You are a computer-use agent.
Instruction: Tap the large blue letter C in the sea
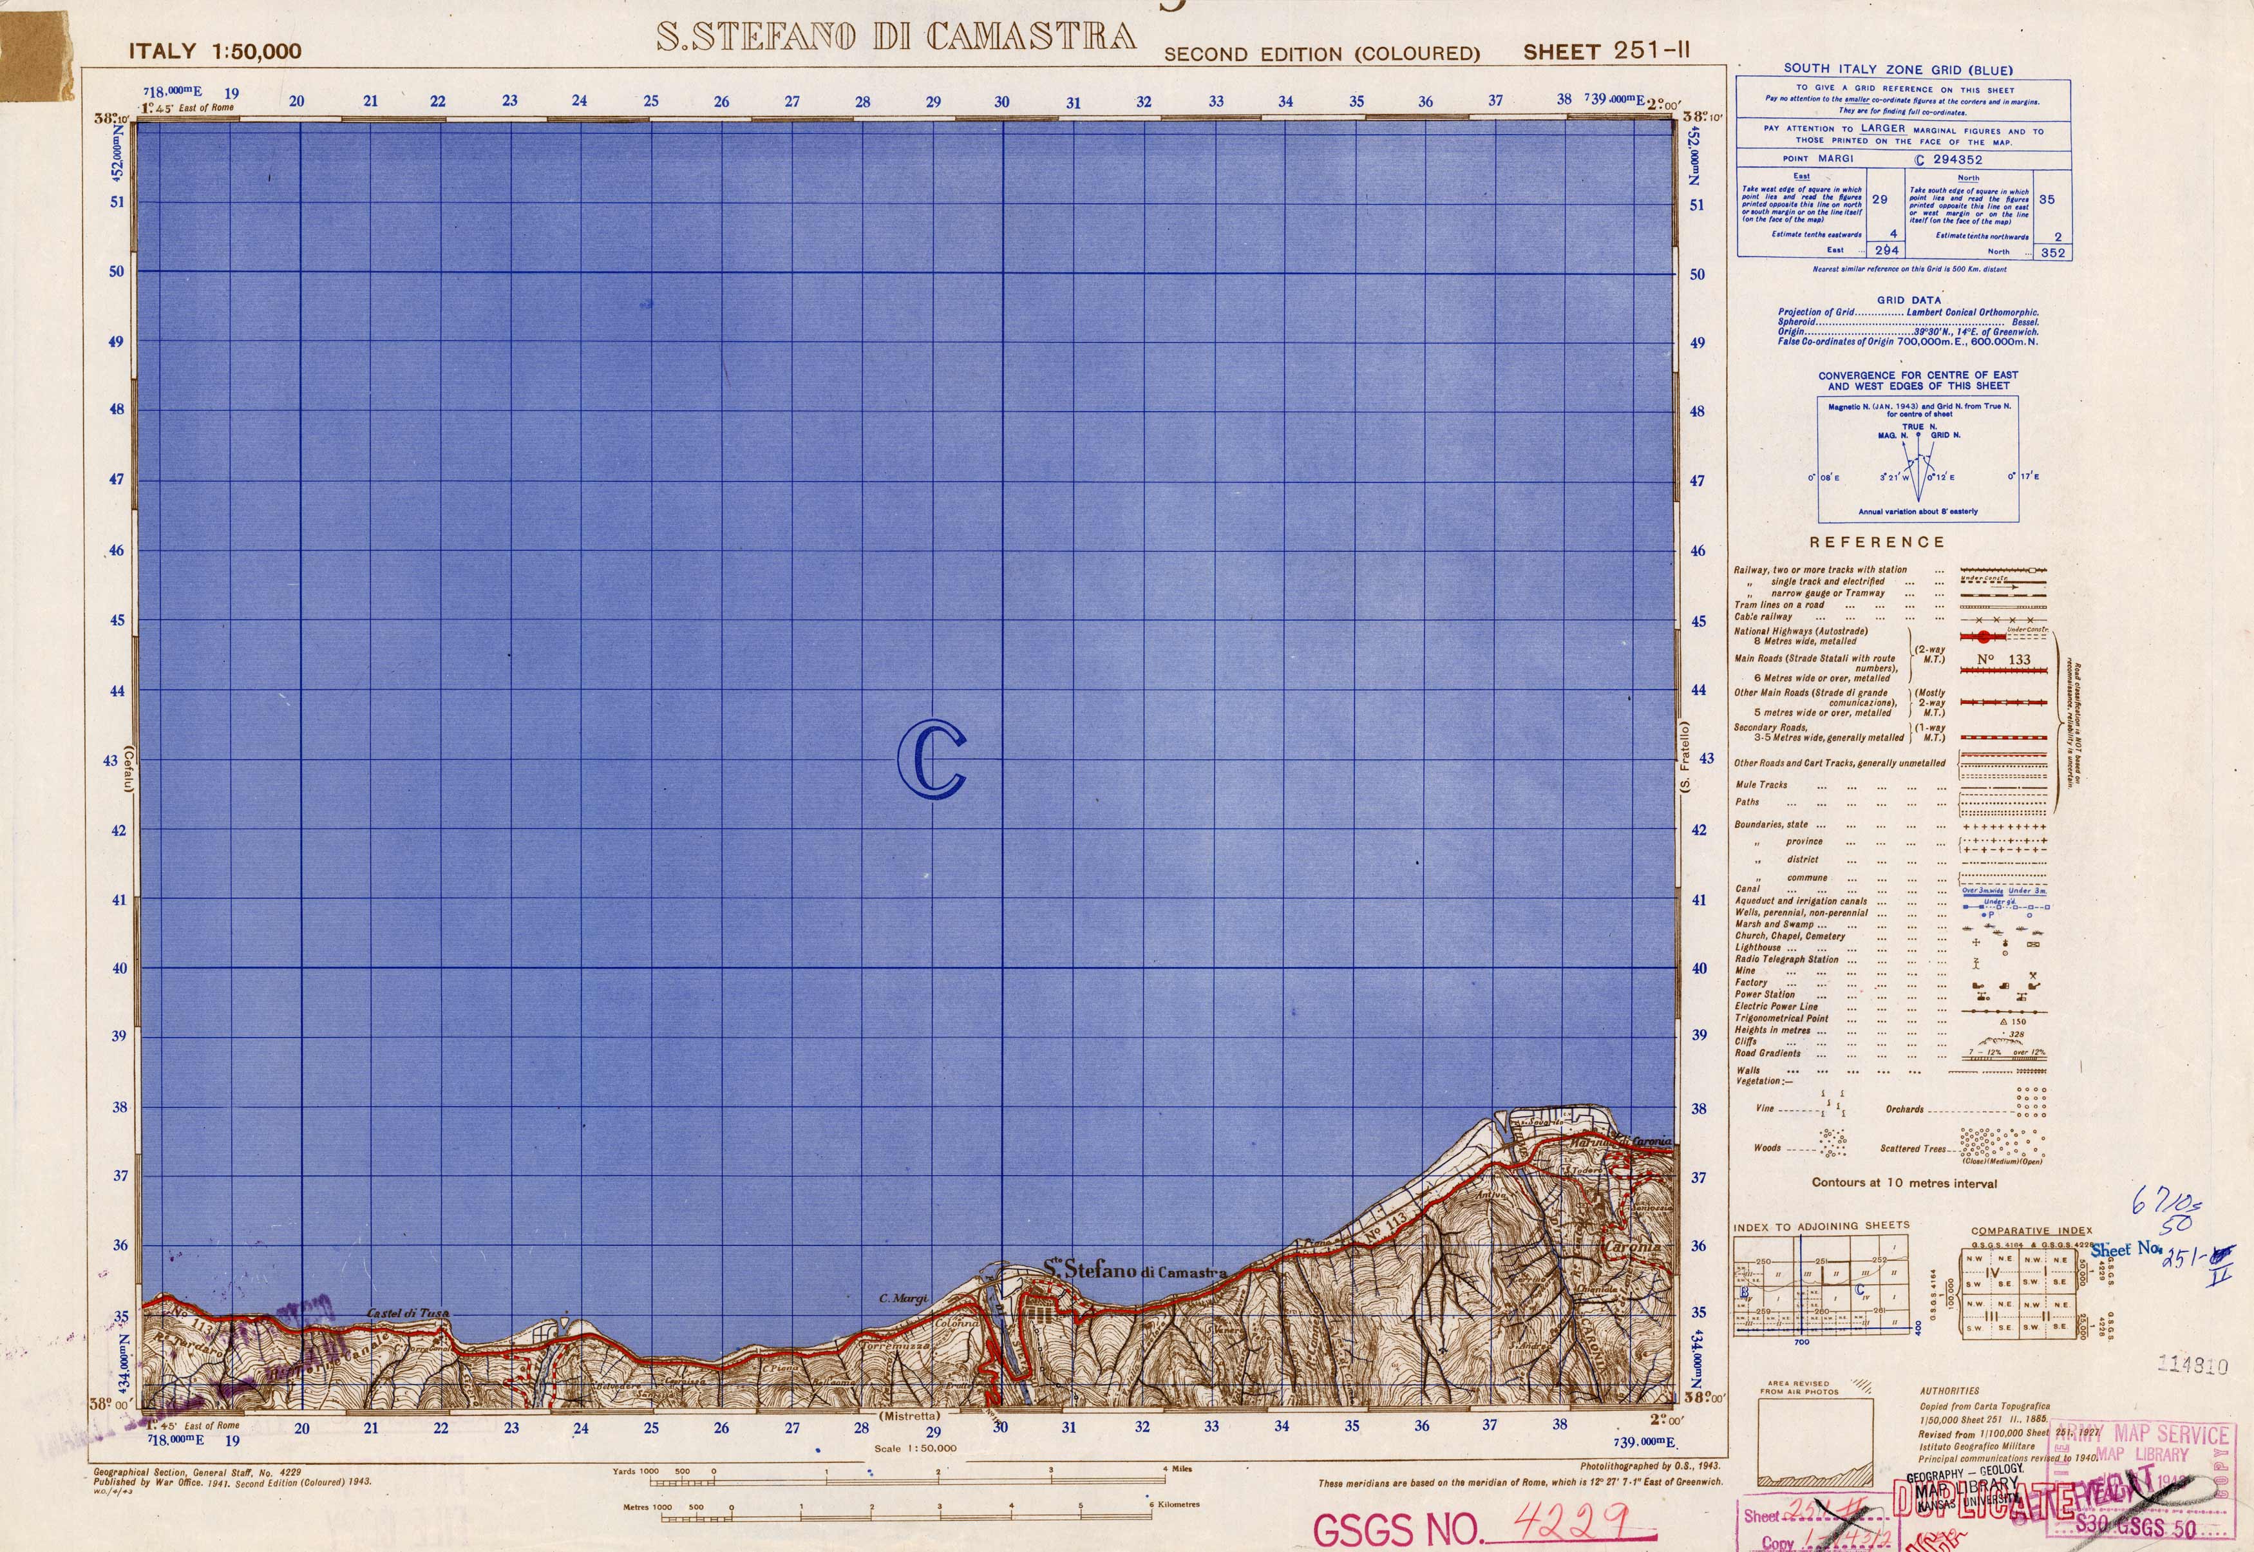click(932, 759)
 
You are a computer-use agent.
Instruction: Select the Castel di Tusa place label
click(408, 1313)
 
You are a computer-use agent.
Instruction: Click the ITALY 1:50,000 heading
click(215, 52)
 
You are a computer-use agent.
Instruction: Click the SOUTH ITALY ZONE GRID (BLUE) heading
click(1898, 69)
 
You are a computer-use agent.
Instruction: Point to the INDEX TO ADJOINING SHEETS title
click(1821, 1226)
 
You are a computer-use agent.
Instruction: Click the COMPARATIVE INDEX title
click(2031, 1230)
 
